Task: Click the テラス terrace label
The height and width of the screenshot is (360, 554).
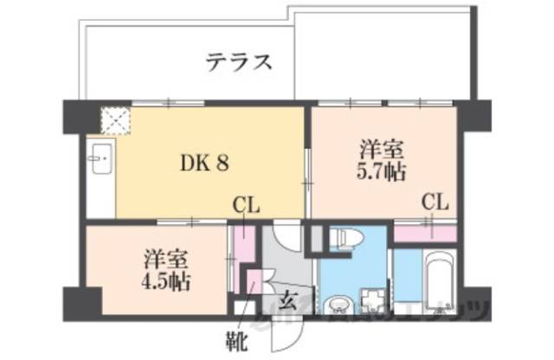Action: pos(240,61)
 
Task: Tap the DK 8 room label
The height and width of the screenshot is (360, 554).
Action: pos(204,162)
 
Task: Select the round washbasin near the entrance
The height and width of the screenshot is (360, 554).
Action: pos(338,305)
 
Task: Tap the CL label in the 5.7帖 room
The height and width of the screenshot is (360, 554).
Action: pos(435,202)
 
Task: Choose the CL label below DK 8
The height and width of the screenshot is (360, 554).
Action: pos(246,205)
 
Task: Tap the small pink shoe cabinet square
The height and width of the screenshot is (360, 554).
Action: pos(254,282)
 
